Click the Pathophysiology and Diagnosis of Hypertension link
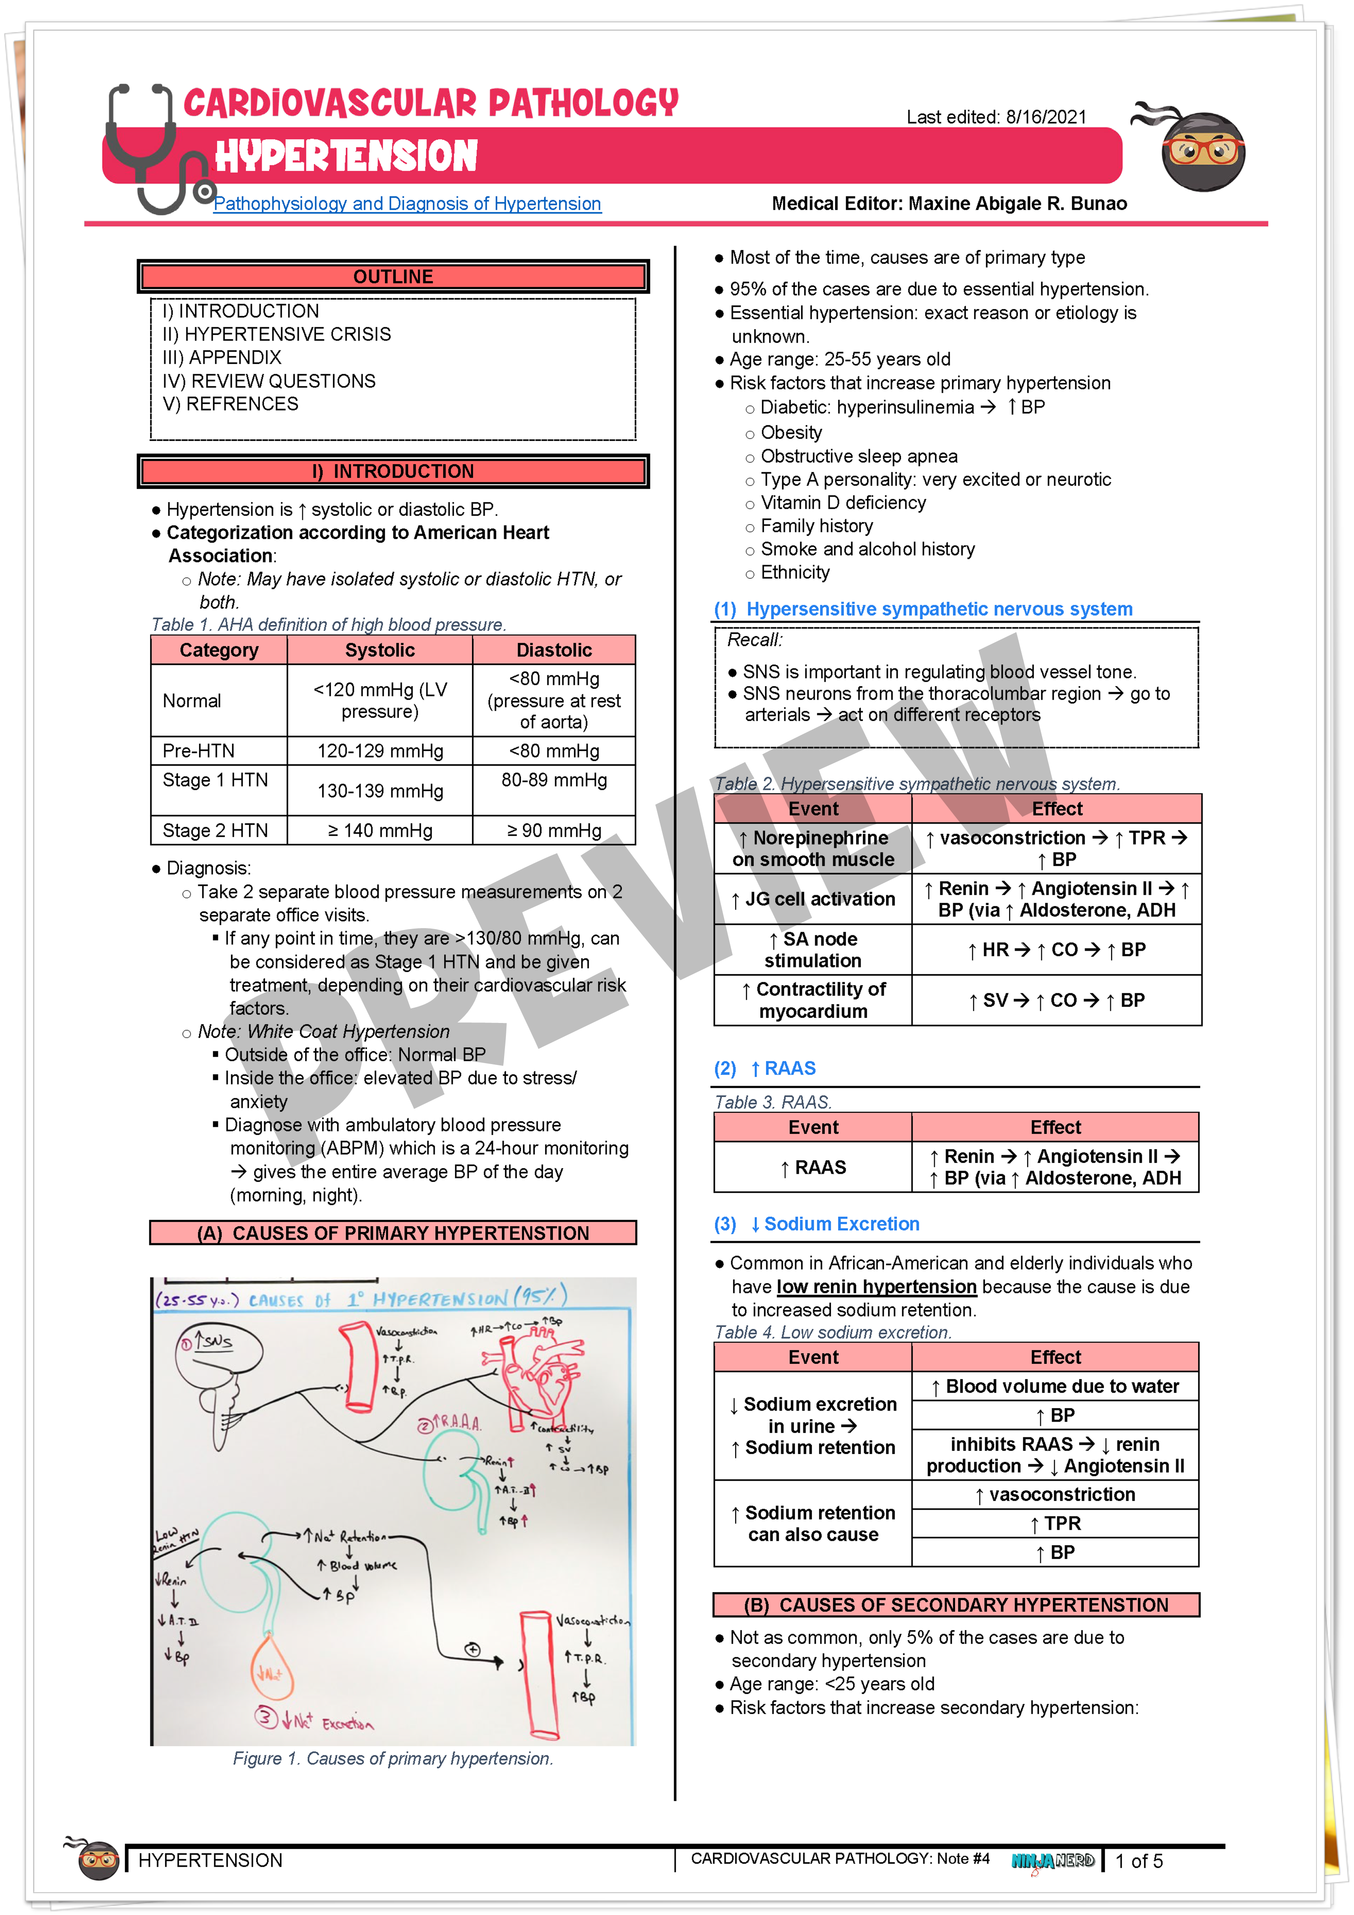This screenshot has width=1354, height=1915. point(407,204)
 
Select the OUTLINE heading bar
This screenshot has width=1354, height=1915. point(393,277)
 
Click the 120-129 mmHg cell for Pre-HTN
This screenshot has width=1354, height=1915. point(380,751)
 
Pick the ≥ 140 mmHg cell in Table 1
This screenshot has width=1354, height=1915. point(380,831)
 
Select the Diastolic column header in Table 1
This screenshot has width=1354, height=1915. point(554,650)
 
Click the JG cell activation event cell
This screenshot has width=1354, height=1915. point(813,899)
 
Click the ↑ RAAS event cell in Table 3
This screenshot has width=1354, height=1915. point(813,1167)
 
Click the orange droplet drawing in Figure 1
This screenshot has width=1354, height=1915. point(271,1668)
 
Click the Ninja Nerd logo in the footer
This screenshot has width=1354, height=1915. point(1052,1861)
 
